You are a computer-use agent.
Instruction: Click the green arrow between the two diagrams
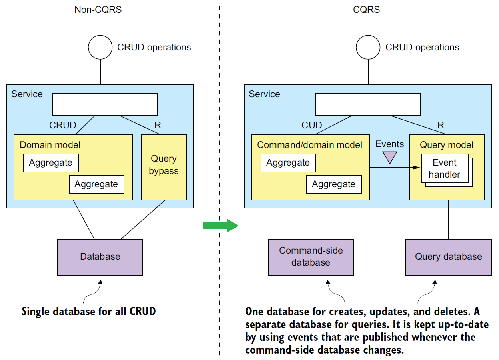220,226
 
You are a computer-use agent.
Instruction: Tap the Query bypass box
164,167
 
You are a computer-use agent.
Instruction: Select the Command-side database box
311,257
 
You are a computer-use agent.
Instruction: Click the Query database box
448,257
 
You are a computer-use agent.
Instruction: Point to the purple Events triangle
389,157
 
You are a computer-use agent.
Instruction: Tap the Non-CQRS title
98,10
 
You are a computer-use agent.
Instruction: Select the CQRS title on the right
366,10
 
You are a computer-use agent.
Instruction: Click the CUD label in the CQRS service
311,125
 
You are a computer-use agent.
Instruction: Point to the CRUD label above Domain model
63,125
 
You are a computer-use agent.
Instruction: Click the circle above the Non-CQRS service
100,47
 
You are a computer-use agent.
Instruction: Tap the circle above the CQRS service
368,47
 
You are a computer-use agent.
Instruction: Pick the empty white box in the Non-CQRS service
105,104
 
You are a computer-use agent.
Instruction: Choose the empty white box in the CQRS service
368,104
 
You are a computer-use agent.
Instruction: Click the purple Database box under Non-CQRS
100,257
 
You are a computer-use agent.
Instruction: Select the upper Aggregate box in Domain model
51,163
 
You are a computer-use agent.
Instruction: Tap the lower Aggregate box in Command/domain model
334,184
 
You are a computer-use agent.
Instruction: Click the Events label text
389,144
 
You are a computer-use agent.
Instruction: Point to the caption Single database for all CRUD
88,311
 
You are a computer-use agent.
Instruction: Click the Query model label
447,145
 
